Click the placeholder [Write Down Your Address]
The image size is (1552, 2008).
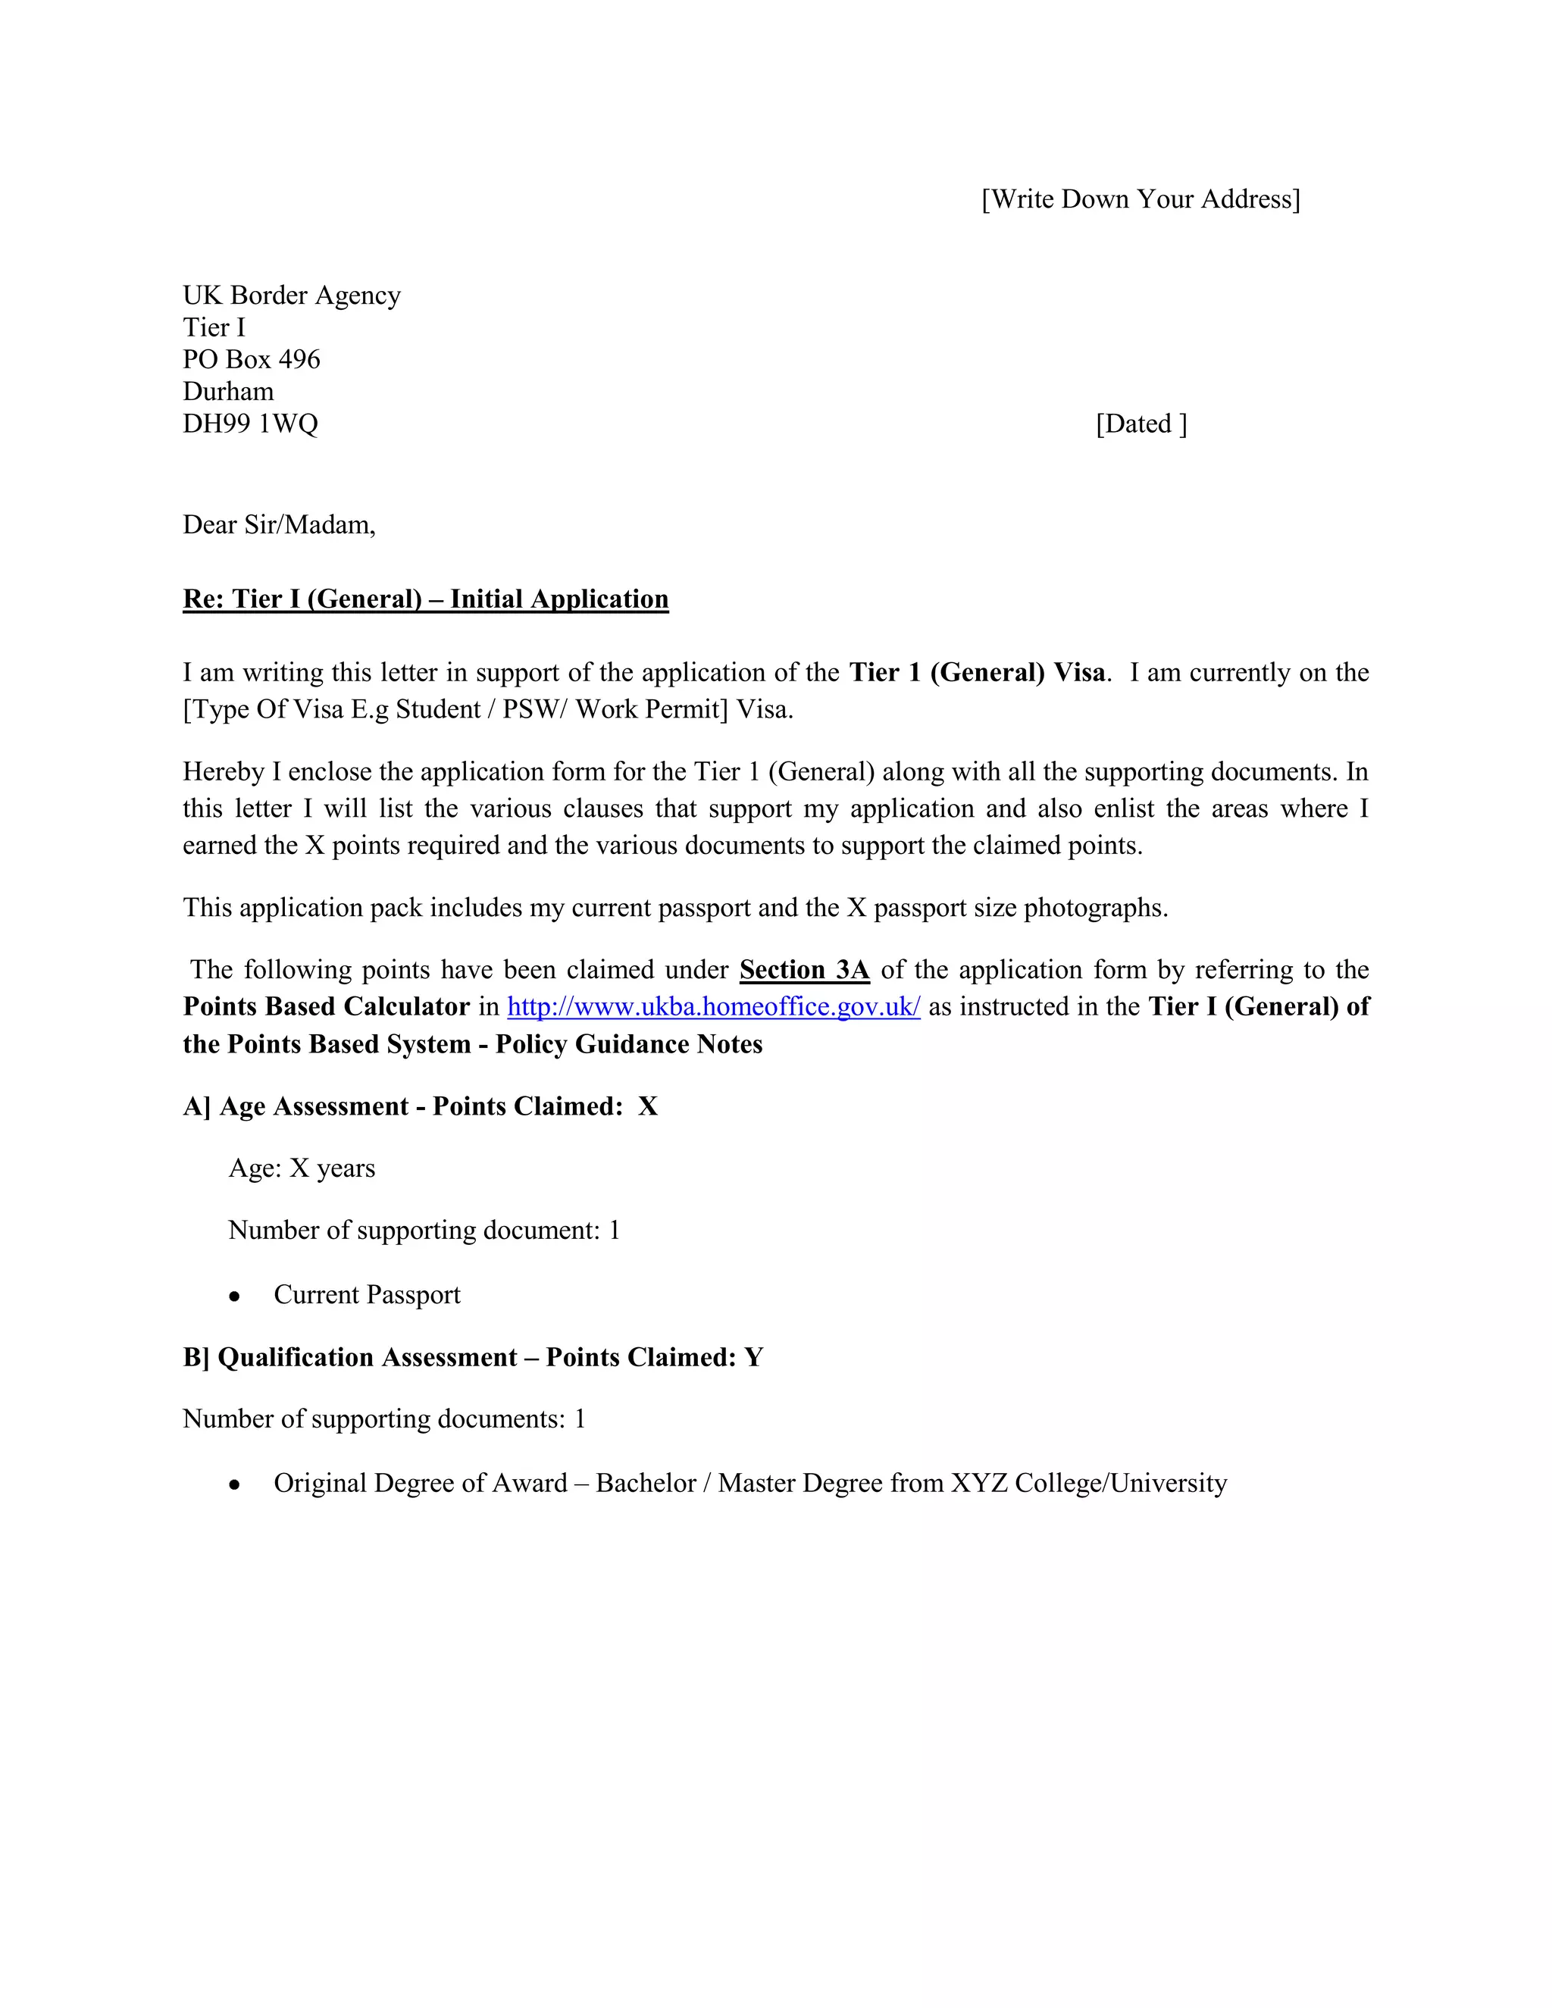point(1140,199)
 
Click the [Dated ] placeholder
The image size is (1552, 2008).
point(1141,424)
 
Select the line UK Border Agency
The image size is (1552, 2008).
point(292,295)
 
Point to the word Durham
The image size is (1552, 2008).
point(228,392)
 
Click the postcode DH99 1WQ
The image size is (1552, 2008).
point(250,424)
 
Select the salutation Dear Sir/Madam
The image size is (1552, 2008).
point(279,525)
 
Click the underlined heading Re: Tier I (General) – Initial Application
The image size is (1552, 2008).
point(426,599)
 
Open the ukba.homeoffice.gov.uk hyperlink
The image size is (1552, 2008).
point(713,1007)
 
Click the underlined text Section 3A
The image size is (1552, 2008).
point(805,970)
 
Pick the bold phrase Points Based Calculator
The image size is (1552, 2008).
point(327,1007)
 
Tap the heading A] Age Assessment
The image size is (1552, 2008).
point(420,1106)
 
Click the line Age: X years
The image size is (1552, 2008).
point(302,1168)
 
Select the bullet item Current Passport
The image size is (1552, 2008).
point(367,1294)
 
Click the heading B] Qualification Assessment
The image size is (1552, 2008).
point(473,1358)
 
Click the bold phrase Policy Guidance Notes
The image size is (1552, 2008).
point(629,1044)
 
